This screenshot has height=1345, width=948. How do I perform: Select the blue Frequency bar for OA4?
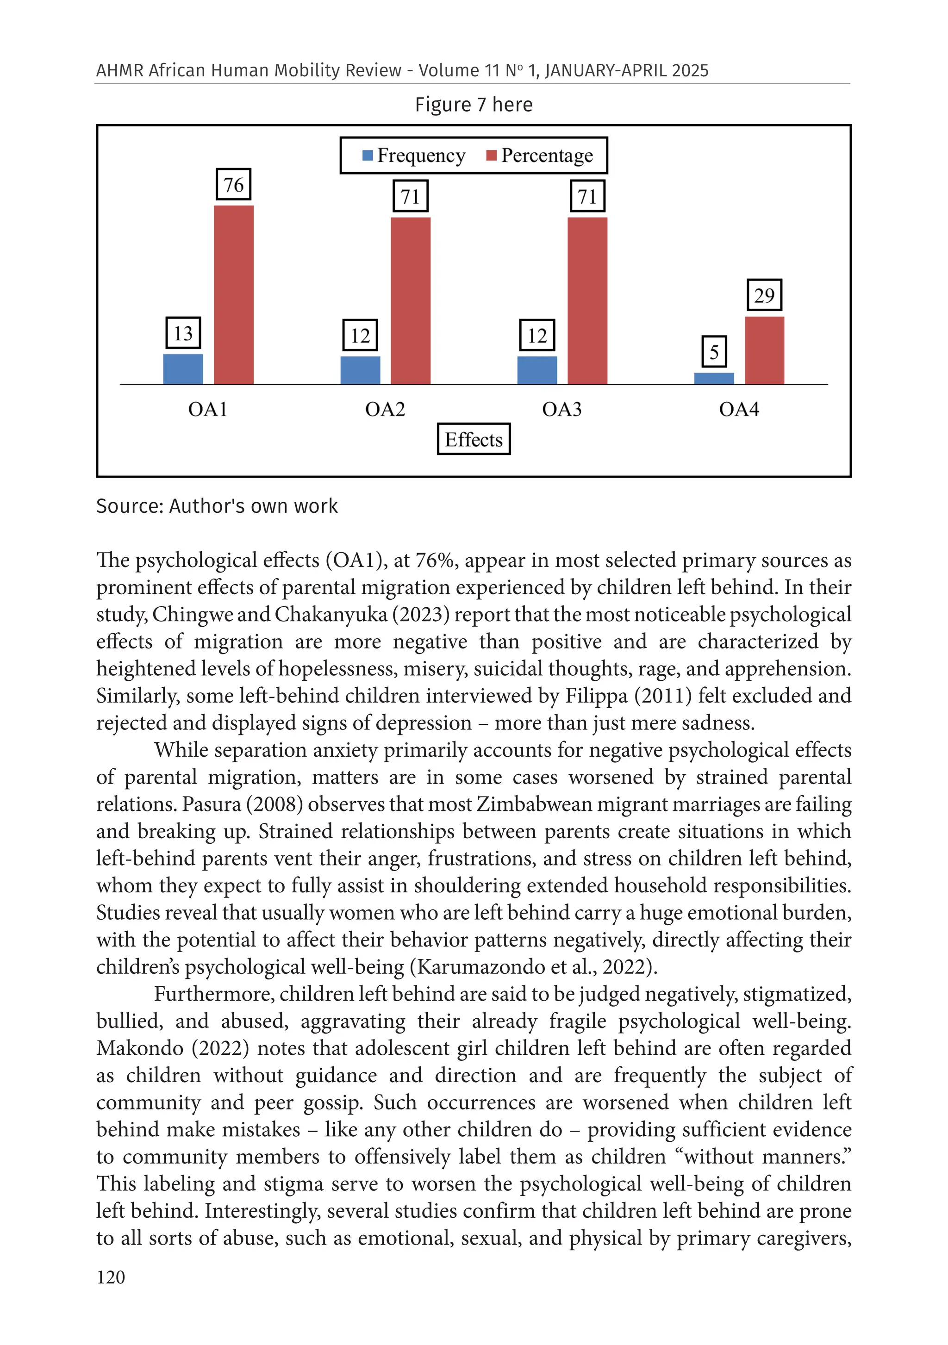(714, 379)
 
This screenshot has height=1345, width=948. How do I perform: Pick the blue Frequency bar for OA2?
(360, 370)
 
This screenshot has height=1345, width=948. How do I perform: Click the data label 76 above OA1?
(233, 185)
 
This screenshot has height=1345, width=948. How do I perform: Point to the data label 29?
(764, 295)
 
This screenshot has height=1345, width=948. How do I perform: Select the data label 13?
(183, 333)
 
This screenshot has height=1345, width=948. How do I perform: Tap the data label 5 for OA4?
(714, 352)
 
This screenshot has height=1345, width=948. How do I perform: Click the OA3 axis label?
(561, 409)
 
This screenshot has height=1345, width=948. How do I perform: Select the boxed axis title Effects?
(474, 439)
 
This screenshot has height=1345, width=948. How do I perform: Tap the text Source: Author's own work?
(217, 506)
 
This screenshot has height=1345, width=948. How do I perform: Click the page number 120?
(111, 1277)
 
